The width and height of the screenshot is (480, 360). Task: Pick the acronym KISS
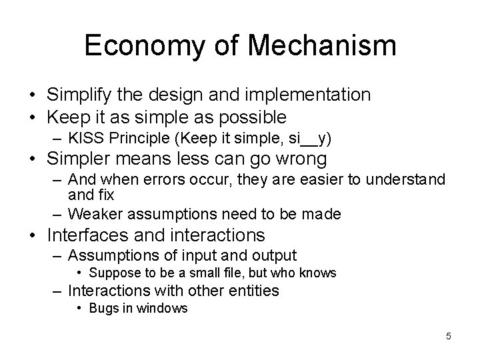[x=84, y=138]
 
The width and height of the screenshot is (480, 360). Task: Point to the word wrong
[x=297, y=159]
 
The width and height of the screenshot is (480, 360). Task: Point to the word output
[x=272, y=255]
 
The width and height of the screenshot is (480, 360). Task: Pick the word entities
[x=255, y=290]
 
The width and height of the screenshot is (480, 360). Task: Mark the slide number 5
[x=449, y=336]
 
